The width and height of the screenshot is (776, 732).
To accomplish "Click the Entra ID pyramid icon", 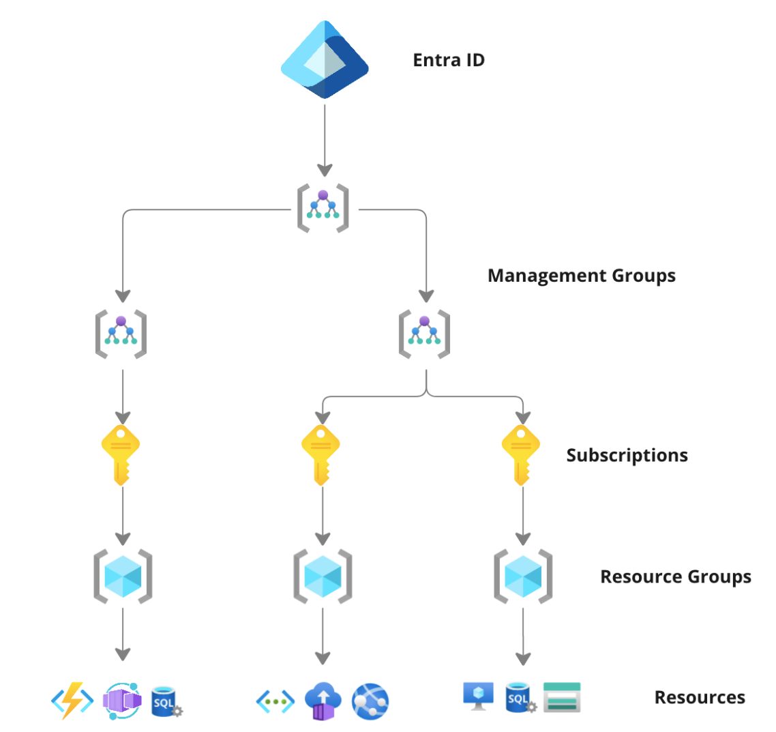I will (325, 59).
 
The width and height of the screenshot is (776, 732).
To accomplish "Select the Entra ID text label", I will (449, 60).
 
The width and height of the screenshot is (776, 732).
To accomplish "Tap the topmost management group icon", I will (323, 207).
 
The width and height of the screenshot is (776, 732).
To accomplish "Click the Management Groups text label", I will (582, 276).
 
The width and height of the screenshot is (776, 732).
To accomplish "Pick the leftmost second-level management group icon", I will (121, 334).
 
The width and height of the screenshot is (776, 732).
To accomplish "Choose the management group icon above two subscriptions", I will (425, 334).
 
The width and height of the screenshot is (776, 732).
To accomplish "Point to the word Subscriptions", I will (627, 455).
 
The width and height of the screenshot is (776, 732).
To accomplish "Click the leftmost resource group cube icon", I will (123, 576).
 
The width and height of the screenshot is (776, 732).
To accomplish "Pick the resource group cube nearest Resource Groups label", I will (523, 576).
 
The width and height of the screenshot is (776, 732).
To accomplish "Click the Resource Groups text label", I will (675, 576).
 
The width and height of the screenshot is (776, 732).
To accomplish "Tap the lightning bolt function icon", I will (72, 700).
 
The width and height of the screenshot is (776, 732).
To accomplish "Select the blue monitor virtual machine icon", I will (478, 695).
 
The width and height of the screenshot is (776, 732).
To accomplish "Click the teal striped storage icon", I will (562, 697).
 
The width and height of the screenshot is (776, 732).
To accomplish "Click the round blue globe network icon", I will (370, 701).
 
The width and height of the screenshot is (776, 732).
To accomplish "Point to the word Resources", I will (700, 698).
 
